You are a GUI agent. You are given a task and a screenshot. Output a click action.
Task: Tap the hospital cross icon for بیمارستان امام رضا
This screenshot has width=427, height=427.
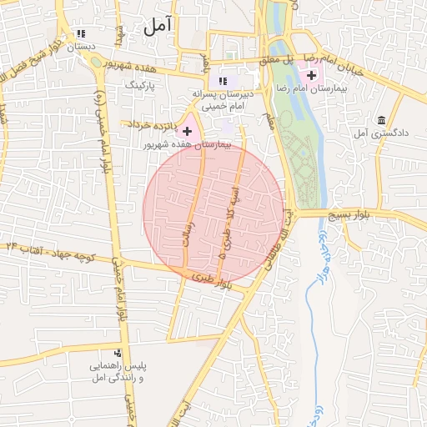pyautogui.click(x=311, y=74)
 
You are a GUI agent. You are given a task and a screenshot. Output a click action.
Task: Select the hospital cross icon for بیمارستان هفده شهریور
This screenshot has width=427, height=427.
pyautogui.click(x=187, y=131)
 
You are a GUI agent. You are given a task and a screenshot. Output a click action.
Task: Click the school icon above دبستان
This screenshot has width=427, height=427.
pyautogui.click(x=81, y=34)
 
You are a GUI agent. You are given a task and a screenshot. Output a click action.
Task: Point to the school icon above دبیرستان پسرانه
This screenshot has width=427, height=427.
pyautogui.click(x=222, y=81)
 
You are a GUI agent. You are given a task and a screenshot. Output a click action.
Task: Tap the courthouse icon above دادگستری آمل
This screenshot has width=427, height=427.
pyautogui.click(x=381, y=120)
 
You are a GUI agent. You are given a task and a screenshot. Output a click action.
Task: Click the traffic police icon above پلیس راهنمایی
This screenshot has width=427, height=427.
pyautogui.click(x=118, y=354)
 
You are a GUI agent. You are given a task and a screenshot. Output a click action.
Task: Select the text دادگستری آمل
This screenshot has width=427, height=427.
pyautogui.click(x=372, y=133)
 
